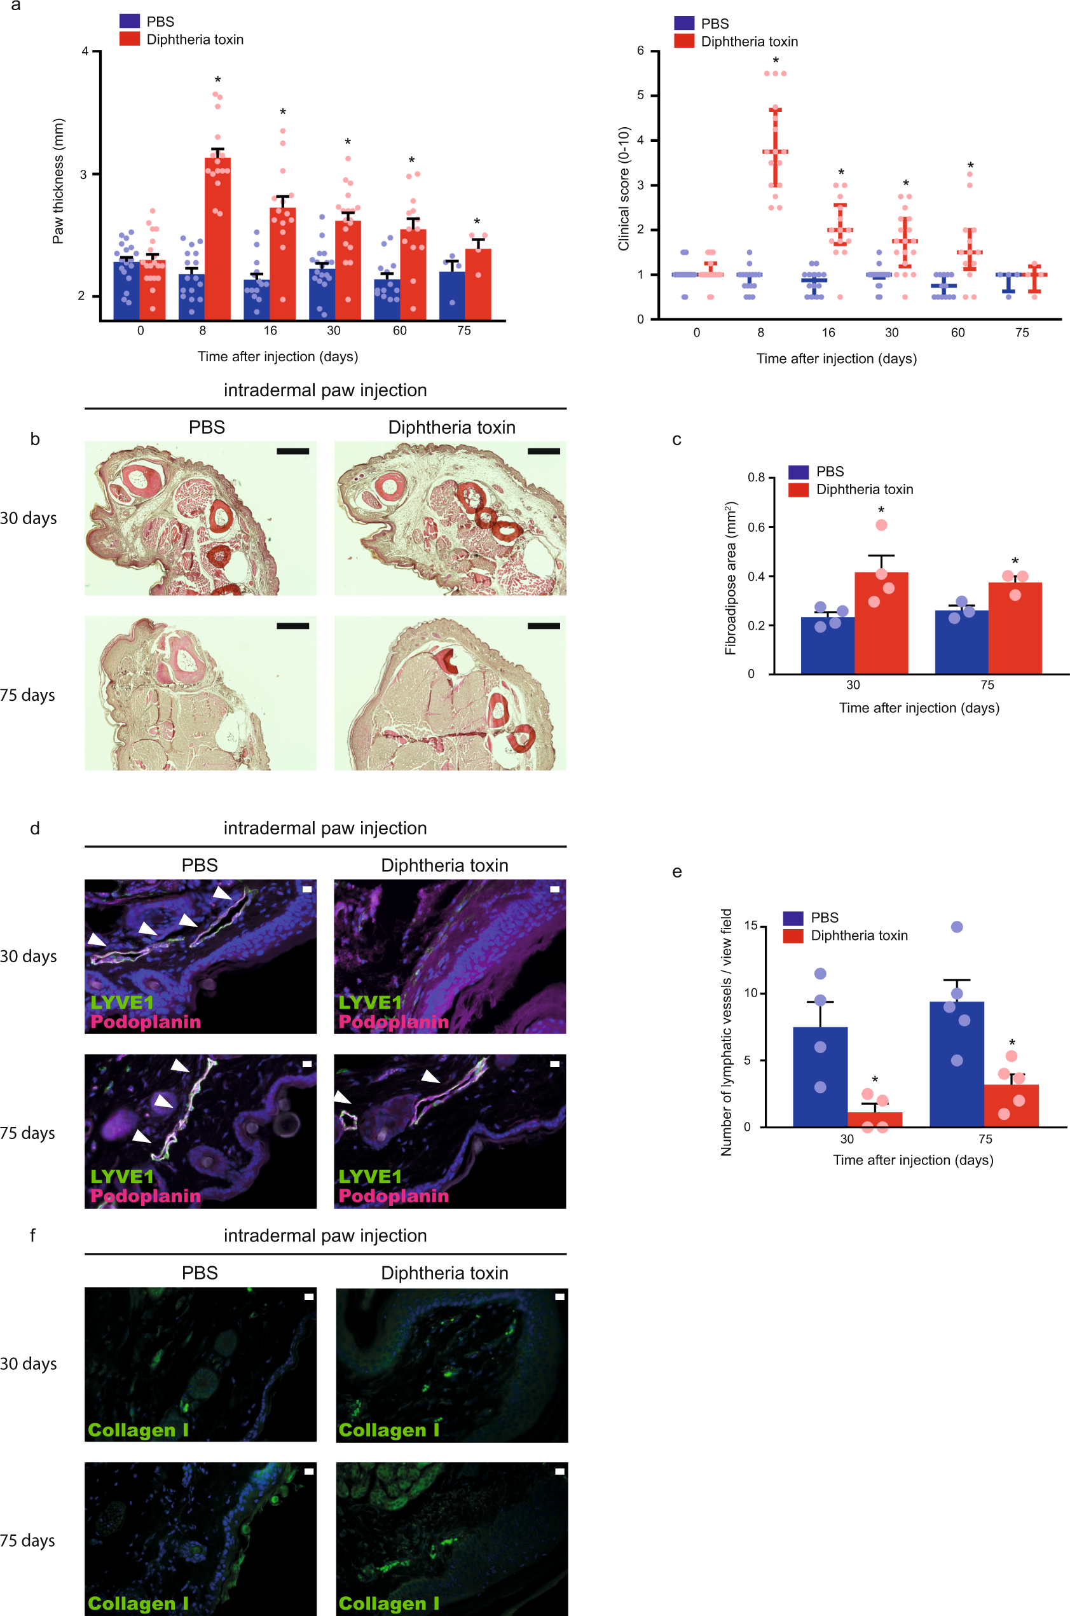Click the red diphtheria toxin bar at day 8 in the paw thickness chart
(x=217, y=239)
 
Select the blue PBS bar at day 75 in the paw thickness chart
(x=452, y=296)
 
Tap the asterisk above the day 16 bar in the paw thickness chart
(x=282, y=112)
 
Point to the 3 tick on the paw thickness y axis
(x=83, y=174)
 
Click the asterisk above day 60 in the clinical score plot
(x=970, y=167)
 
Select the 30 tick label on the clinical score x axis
(x=891, y=333)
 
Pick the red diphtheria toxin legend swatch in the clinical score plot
(x=683, y=41)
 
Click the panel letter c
(x=676, y=439)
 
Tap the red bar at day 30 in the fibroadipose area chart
(x=881, y=623)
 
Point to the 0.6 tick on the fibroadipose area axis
(x=755, y=527)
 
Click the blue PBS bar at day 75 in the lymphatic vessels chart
(x=956, y=1065)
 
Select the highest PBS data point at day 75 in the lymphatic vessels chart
(x=957, y=927)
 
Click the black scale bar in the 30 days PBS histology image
(x=292, y=451)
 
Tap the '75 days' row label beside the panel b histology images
(x=27, y=694)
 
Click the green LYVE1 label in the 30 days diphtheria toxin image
(x=370, y=1002)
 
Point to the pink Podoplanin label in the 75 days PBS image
(x=146, y=1196)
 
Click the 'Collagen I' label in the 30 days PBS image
(x=138, y=1430)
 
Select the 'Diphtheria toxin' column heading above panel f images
(x=444, y=1273)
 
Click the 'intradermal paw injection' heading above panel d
(x=325, y=828)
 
